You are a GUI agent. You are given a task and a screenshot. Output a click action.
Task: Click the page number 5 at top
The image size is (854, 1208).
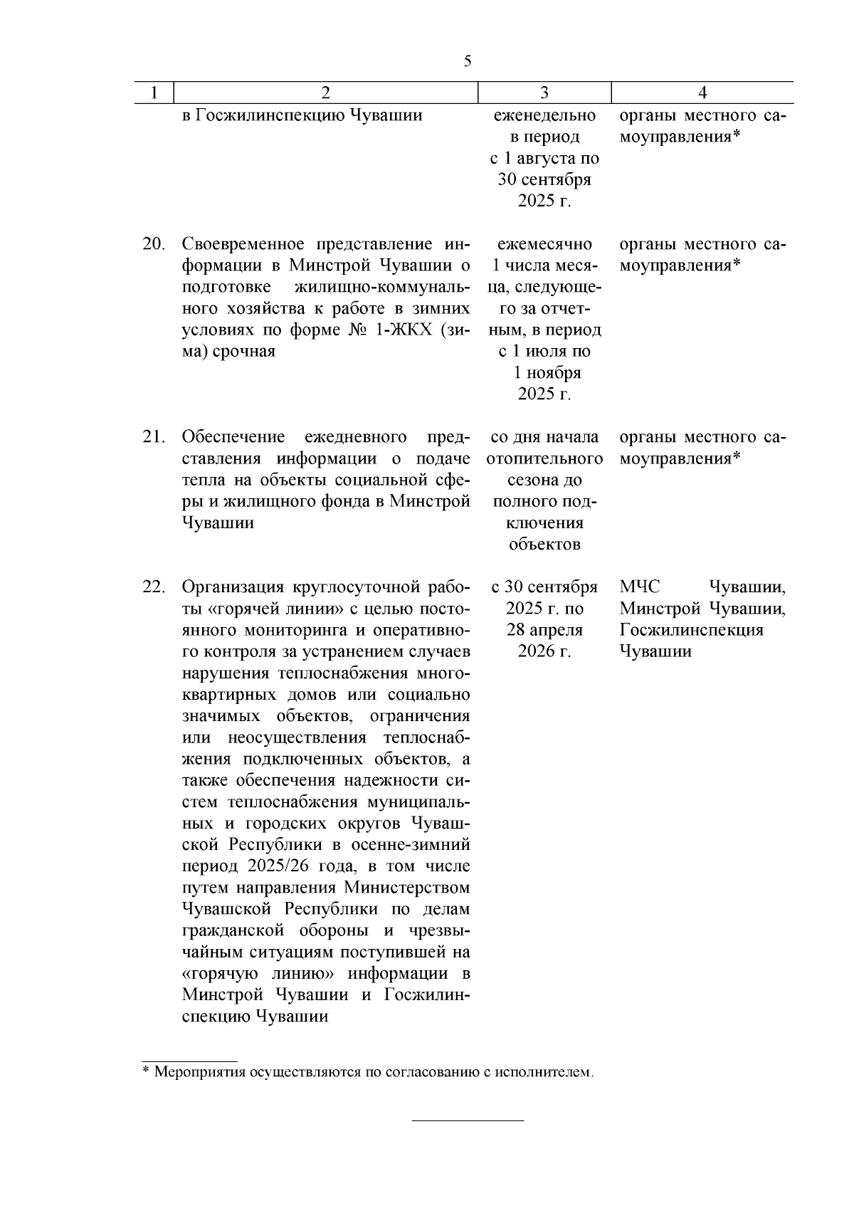tap(468, 61)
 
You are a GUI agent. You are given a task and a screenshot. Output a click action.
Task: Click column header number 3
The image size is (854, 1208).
tap(544, 93)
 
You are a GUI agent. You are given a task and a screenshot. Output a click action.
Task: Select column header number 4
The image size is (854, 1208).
tap(702, 93)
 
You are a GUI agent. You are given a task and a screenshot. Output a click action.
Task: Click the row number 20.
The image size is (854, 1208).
tap(153, 244)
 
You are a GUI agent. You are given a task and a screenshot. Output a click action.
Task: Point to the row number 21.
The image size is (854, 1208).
tap(153, 437)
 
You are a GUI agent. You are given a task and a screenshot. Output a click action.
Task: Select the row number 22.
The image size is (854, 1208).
tap(153, 587)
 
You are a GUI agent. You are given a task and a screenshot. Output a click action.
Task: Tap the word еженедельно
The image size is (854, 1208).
tap(544, 115)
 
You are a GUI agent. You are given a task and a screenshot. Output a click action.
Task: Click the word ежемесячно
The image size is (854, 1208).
tap(544, 244)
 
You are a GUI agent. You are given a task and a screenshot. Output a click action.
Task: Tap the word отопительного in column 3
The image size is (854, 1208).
tap(544, 458)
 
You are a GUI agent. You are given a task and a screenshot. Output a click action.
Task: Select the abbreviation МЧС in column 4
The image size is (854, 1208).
tap(640, 587)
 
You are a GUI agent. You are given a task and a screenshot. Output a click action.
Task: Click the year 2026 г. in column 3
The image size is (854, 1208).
tap(544, 651)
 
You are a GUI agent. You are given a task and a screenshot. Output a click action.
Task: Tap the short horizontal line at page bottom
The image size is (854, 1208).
tap(468, 1121)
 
